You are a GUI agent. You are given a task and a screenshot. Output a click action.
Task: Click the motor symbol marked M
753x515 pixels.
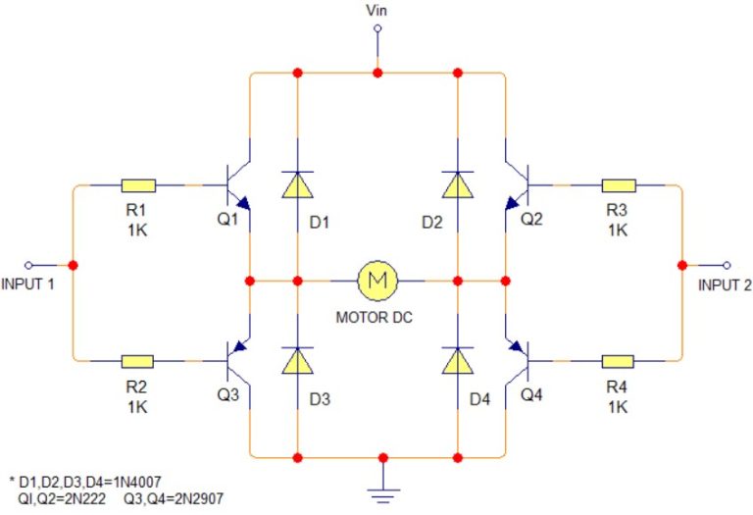tap(376, 281)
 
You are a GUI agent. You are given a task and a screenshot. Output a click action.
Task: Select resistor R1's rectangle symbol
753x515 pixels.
tap(138, 185)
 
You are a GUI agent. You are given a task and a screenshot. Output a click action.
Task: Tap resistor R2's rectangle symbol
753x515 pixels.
tap(138, 360)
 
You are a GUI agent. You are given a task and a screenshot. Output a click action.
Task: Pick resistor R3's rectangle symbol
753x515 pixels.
tap(618, 185)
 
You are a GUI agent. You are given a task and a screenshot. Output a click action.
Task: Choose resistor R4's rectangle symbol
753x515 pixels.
tap(618, 360)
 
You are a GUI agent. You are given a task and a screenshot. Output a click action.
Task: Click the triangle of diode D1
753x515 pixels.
tap(297, 183)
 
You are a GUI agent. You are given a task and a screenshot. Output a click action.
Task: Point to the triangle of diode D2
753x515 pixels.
tap(457, 183)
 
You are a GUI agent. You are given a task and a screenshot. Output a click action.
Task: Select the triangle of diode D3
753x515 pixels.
tap(297, 360)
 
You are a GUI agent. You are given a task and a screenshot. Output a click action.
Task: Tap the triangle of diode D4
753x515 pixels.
tap(457, 360)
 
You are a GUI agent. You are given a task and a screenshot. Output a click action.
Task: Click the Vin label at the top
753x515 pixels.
tap(376, 11)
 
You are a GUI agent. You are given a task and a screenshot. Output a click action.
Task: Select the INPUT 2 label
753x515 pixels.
tap(725, 285)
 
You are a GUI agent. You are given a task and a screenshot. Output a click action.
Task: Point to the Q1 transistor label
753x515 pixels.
tap(227, 219)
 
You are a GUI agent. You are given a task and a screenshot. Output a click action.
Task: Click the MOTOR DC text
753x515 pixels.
tap(377, 318)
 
